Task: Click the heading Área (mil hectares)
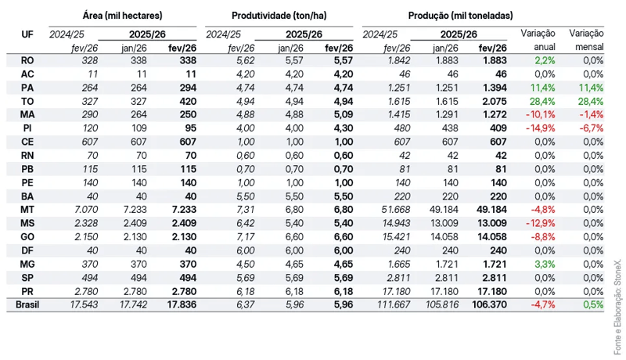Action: (123, 16)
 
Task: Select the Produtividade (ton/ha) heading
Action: (279, 16)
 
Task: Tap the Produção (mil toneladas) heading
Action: (460, 16)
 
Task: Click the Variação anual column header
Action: (538, 41)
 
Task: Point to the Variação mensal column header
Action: (586, 41)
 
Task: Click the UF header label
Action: (27, 34)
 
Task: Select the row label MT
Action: (27, 210)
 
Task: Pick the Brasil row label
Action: (27, 305)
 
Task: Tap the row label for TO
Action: (27, 102)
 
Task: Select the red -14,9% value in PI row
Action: (540, 128)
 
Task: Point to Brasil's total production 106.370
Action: (489, 305)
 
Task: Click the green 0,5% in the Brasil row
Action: (593, 305)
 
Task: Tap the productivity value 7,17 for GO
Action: (245, 236)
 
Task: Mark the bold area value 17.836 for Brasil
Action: (182, 305)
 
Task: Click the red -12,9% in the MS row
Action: (540, 223)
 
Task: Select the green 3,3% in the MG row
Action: (545, 265)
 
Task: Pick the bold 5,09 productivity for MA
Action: (344, 114)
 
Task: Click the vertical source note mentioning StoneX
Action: (617, 308)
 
